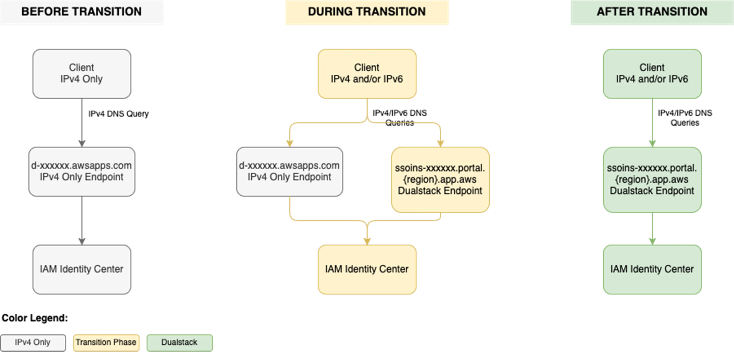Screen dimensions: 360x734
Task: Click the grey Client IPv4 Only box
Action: (82, 74)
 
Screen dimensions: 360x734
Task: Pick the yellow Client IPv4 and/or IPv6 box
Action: (367, 74)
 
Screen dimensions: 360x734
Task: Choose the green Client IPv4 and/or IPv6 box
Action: (652, 74)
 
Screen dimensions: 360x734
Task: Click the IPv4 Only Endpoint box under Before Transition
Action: (82, 172)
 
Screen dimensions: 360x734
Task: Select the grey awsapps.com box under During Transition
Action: (289, 172)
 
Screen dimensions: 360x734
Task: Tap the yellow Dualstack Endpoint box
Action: (440, 180)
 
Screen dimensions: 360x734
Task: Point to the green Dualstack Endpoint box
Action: (652, 180)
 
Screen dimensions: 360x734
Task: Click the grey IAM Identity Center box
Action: (82, 269)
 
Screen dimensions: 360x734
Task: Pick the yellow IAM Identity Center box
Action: (367, 269)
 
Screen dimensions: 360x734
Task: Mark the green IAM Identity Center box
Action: (652, 269)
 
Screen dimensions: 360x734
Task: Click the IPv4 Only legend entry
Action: (33, 342)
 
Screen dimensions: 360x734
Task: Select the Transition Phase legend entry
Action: (106, 342)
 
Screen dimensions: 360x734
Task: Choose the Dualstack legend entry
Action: (179, 342)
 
